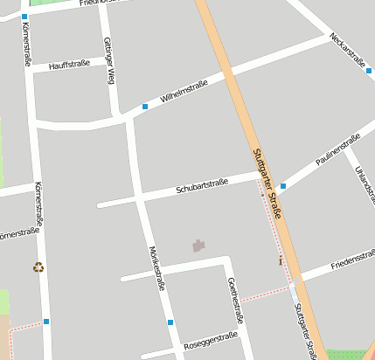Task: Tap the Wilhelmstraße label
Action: pyautogui.click(x=184, y=92)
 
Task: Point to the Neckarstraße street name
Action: pyautogui.click(x=348, y=50)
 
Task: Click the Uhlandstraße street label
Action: pyautogui.click(x=358, y=179)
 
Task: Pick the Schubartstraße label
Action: pyautogui.click(x=202, y=185)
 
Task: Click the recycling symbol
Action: pyautogui.click(x=38, y=267)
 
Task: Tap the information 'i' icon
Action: pyautogui.click(x=281, y=260)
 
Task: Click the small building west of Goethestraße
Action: pyautogui.click(x=199, y=246)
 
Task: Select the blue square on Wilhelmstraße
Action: pyautogui.click(x=145, y=107)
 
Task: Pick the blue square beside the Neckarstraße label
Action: pyautogui.click(x=370, y=71)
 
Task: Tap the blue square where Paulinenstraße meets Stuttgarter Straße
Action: pyautogui.click(x=283, y=186)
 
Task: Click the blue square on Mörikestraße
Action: pyautogui.click(x=170, y=322)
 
